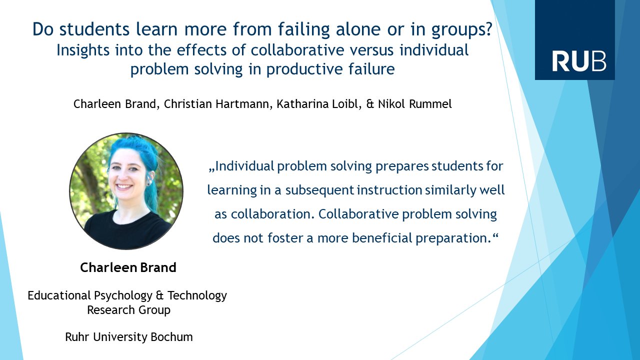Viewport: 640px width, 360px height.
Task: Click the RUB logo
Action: (574, 39)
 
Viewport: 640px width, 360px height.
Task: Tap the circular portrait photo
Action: (126, 191)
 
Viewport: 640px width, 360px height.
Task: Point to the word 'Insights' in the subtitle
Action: (83, 50)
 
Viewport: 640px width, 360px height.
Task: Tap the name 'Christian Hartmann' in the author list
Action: (216, 104)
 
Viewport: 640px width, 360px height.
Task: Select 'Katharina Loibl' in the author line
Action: (317, 104)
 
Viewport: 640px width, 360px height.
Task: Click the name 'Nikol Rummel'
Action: (415, 104)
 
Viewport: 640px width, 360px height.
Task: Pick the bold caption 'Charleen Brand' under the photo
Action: (128, 267)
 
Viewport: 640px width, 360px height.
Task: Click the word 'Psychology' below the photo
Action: (123, 296)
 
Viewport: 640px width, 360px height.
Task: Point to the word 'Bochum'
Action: (171, 337)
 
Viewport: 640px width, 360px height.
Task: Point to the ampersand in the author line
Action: (369, 104)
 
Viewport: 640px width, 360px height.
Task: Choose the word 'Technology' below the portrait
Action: (197, 296)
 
